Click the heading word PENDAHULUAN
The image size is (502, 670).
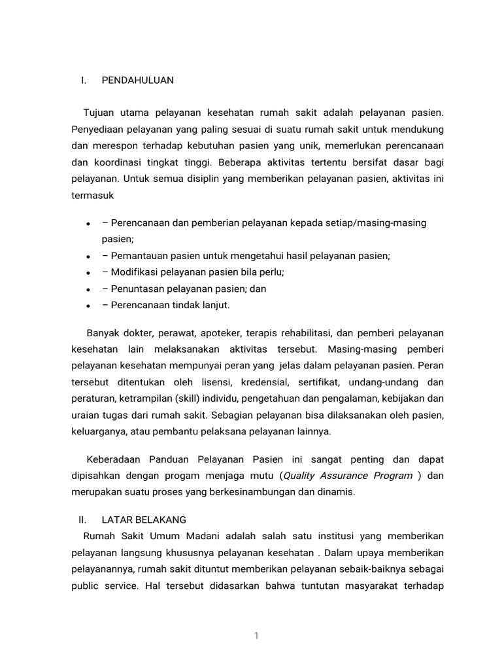click(x=138, y=80)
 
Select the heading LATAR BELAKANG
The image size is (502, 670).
click(x=144, y=520)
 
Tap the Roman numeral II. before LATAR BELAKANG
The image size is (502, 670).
click(x=82, y=520)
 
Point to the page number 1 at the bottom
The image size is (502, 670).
click(x=257, y=635)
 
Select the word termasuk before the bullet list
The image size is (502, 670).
click(x=93, y=195)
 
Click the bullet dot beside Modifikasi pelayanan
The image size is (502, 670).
click(x=88, y=273)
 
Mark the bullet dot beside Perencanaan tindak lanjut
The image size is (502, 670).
click(x=88, y=306)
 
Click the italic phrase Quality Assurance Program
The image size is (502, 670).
click(x=348, y=476)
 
